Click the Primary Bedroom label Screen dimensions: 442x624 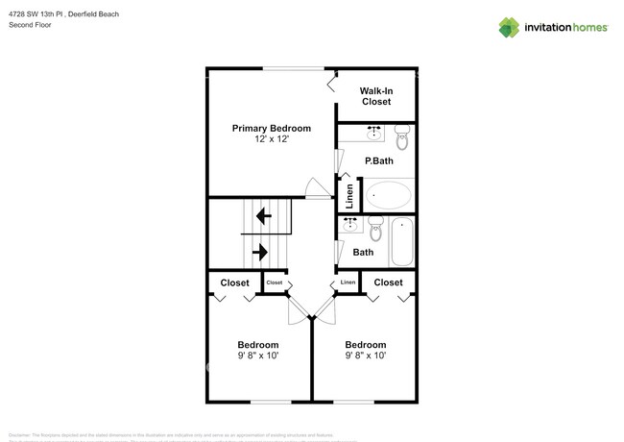point(272,128)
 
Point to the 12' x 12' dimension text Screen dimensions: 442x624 point(272,140)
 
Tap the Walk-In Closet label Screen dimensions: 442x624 point(375,95)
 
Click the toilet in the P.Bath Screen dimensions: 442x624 point(402,139)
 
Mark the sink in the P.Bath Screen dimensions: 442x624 point(374,129)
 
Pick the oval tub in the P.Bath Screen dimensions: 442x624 point(388,195)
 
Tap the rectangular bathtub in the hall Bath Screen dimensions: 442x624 point(402,243)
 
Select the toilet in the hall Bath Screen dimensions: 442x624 point(377,231)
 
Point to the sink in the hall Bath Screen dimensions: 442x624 point(350,222)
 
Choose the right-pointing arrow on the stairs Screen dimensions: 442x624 point(260,253)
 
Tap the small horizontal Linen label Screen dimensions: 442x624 point(348,282)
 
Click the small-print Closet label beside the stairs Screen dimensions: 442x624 point(275,282)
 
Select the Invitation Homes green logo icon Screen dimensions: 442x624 point(510,27)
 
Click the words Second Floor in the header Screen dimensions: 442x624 point(31,26)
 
